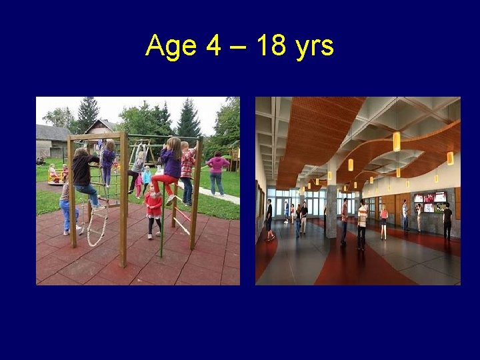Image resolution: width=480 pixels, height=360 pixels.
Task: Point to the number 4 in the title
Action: (213, 46)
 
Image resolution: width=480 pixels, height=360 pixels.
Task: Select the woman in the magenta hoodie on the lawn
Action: (217, 173)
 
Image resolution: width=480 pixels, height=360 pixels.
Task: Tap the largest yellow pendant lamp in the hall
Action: (397, 141)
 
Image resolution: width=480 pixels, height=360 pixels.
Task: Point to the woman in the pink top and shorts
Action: (384, 221)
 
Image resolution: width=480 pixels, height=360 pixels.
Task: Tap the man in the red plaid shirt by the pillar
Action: (345, 219)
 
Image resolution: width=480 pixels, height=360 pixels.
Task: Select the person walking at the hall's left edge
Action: (269, 219)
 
